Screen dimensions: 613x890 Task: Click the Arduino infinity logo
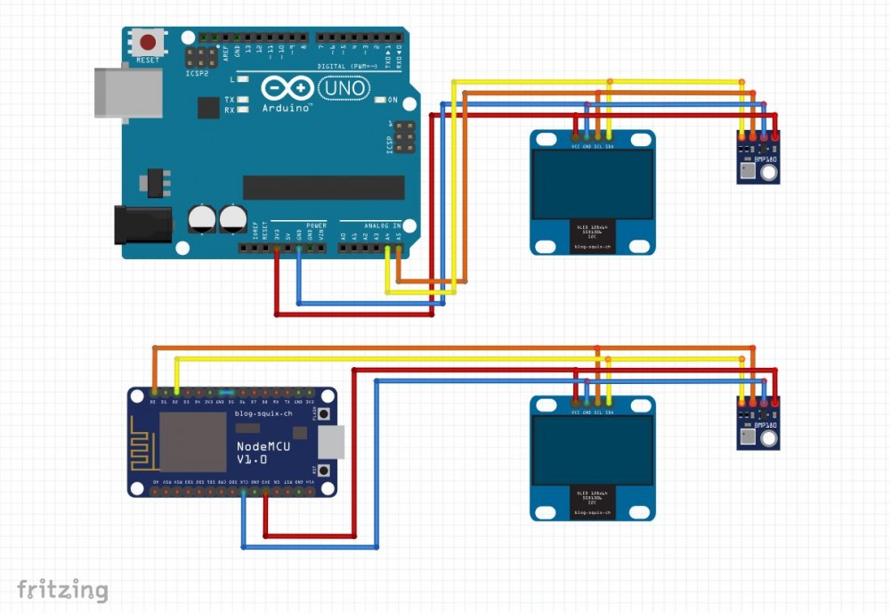287,88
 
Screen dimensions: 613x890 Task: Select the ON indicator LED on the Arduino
380,100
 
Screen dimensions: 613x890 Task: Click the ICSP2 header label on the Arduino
197,74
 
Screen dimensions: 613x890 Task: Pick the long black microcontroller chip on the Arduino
323,187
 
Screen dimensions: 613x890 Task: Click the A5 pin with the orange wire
398,249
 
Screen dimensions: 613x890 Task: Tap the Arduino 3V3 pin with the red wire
277,249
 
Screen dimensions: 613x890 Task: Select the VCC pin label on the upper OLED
576,146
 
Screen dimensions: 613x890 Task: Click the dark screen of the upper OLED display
593,184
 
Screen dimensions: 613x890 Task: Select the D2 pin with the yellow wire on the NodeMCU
176,391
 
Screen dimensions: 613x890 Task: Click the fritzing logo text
62,589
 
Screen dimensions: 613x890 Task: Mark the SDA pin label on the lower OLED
610,413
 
